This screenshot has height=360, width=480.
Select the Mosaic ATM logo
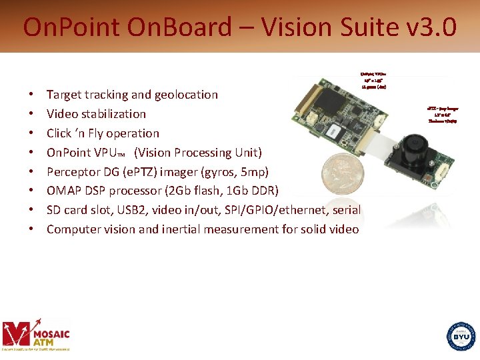tap(36, 333)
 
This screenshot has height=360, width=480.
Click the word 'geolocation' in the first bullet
tap(186, 95)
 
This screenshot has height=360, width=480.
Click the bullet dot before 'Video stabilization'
tap(31, 115)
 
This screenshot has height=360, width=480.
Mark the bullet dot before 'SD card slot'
tap(31, 211)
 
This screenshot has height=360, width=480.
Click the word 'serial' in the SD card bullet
tap(345, 210)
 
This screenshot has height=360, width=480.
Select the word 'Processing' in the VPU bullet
tap(205, 152)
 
